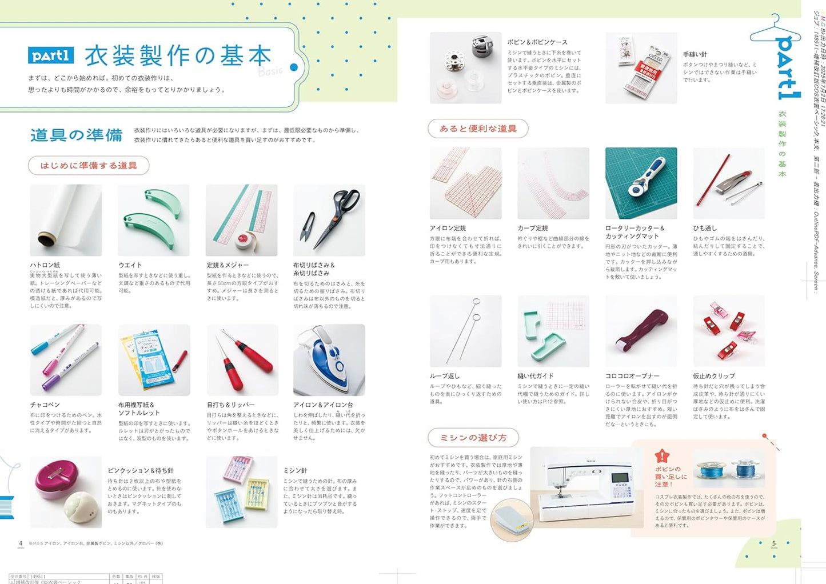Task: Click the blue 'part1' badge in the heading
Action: coord(51,55)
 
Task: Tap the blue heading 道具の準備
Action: coord(76,135)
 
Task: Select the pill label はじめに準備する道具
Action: coord(89,166)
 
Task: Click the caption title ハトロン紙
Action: coord(45,265)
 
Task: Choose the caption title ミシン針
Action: coord(296,470)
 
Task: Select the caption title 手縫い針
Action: coord(695,54)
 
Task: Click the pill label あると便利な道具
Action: coord(478,129)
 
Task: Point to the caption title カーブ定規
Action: coord(533,228)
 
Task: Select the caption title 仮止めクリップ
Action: coord(714,376)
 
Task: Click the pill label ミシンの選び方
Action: coord(473,438)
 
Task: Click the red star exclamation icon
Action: coord(662,455)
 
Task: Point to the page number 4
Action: coord(21,543)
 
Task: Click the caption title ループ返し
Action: coord(445,376)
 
